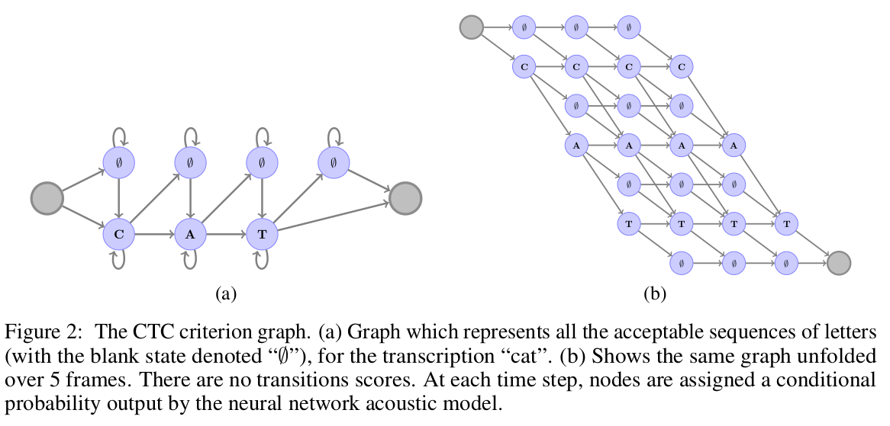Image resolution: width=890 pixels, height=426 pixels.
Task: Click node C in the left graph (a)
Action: pos(118,235)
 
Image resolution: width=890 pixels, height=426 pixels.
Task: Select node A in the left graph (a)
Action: pos(190,235)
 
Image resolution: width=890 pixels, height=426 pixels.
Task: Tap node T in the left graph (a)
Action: pos(262,235)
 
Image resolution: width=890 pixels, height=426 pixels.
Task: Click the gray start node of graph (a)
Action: pos(47,199)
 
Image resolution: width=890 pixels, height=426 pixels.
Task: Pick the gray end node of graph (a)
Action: pos(405,199)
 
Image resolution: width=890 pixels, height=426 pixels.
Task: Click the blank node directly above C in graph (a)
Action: pos(118,162)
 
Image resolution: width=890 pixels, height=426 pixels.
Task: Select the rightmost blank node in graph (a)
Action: pos(334,162)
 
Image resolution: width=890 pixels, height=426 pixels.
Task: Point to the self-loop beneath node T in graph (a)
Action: pos(262,261)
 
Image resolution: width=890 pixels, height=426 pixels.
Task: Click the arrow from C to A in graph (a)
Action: pos(154,235)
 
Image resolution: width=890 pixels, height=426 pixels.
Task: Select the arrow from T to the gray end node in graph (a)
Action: pos(332,217)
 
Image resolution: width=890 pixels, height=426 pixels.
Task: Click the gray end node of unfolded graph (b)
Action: pos(838,263)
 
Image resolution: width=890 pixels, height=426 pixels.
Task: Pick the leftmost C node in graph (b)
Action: pos(524,67)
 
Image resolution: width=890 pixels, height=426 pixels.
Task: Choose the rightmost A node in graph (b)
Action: pos(733,145)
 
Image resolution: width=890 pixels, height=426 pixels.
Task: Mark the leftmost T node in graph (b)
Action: pos(628,223)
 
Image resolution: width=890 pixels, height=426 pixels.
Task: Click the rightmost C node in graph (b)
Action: pos(681,67)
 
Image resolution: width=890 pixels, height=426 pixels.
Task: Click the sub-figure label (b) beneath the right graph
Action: pos(656,293)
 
